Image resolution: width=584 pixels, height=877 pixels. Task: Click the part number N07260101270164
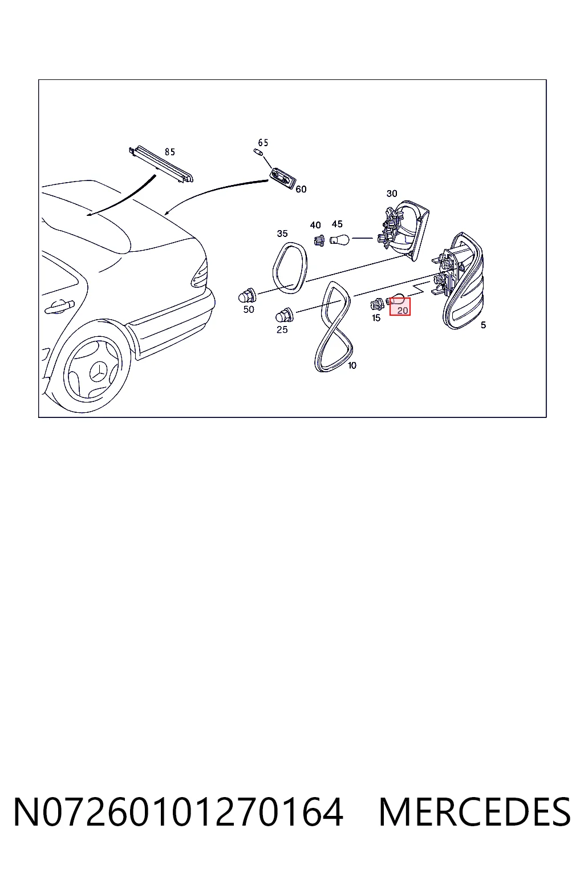179,812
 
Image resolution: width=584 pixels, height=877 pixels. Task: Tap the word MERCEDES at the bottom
474,812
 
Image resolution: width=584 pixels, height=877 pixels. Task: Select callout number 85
170,152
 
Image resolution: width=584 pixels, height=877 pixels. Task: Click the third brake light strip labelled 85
161,164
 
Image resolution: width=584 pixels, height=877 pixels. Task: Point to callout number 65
263,142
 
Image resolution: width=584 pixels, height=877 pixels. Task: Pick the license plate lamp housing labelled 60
283,178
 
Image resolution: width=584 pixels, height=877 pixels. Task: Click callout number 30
392,194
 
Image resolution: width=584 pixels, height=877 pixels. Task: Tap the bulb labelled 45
339,239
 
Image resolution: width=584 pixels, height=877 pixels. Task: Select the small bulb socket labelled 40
319,240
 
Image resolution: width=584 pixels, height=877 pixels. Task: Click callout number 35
282,234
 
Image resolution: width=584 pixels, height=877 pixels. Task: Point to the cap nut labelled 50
247,295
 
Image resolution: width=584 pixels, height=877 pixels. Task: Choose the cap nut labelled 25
285,315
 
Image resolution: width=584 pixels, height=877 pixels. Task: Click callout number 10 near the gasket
352,365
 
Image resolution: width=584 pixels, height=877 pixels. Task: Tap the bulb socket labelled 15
377,304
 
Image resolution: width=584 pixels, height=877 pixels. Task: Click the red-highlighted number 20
403,311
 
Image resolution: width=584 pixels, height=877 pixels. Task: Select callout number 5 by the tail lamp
484,325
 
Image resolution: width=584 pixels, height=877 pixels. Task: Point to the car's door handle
59,307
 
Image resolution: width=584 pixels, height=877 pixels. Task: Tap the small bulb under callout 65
258,152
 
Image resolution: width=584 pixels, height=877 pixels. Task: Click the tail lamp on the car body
199,274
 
